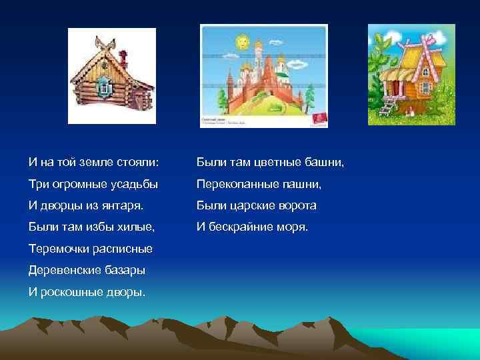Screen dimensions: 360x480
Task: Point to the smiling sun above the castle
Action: coord(241,43)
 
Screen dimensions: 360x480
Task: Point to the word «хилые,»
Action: coord(134,227)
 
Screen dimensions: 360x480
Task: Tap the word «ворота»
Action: coord(295,206)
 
